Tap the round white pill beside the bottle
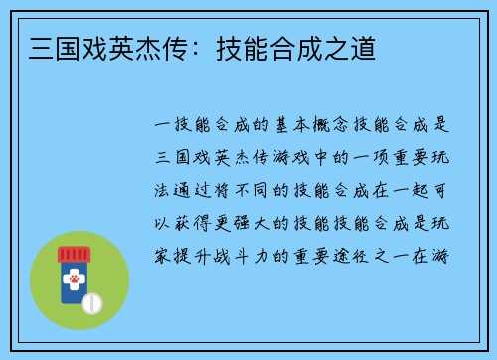(x=91, y=300)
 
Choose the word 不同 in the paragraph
(x=253, y=190)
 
